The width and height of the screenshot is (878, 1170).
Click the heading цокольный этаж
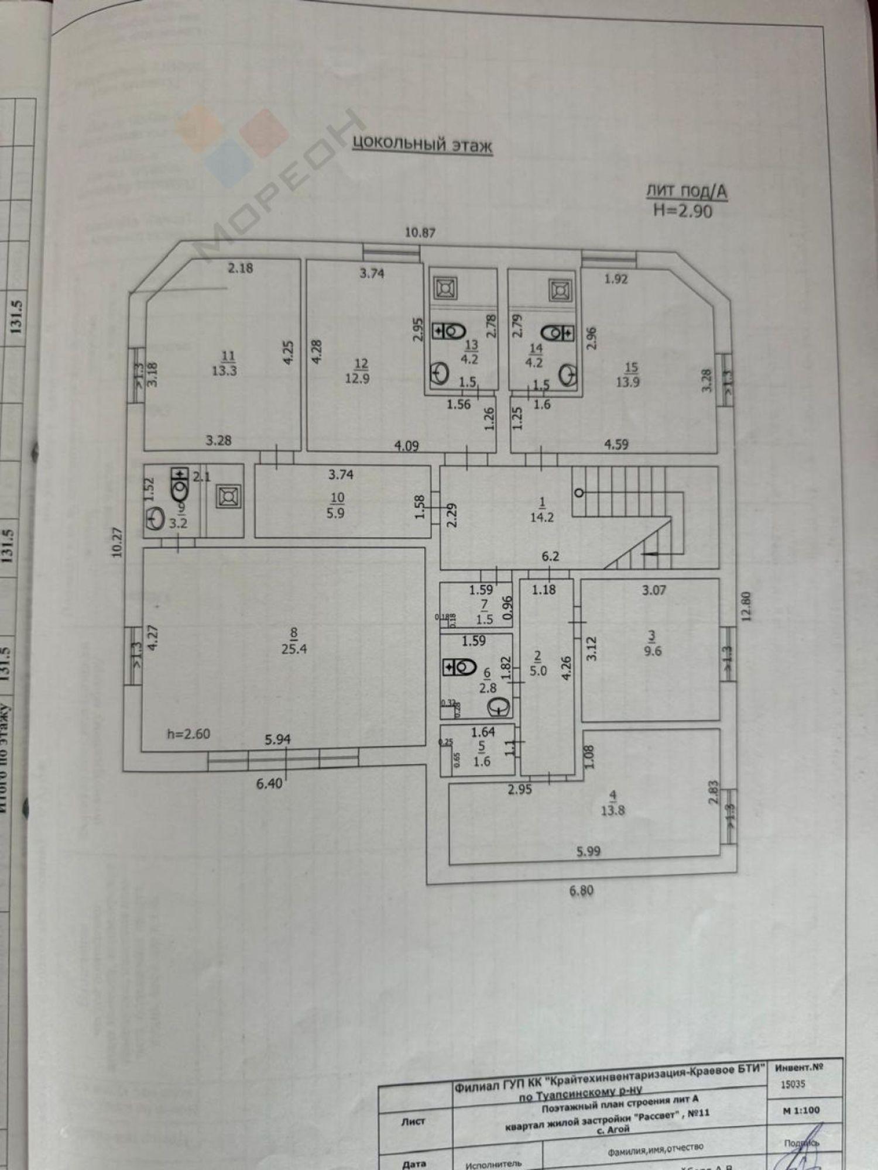422,144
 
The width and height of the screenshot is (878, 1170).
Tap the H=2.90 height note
682,211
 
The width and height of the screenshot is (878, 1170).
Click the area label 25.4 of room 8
294,648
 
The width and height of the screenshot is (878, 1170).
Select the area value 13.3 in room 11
224,370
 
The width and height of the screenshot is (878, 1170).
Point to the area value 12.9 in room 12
357,378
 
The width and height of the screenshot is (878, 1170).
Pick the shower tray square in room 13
445,288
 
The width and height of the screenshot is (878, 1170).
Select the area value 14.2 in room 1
541,517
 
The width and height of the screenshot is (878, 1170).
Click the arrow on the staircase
650,553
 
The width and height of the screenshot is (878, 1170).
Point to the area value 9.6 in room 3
653,651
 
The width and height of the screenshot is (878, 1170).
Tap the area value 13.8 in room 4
612,811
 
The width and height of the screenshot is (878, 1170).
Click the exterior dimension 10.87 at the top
420,232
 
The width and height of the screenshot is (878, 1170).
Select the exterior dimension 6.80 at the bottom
581,891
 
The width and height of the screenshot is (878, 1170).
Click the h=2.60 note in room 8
188,734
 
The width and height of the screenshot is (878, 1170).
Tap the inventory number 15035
793,1084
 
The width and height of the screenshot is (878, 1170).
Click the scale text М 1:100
801,1110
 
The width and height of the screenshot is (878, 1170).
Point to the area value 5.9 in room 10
335,513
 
